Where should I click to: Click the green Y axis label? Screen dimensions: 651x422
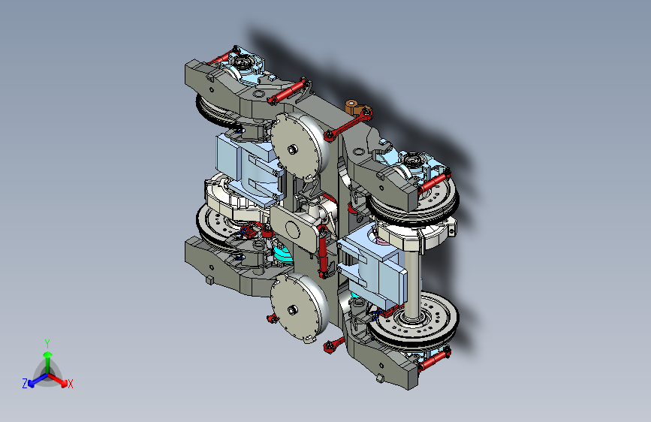tap(47, 343)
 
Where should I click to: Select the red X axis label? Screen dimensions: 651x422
tap(70, 384)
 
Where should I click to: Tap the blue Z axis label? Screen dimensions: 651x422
tap(25, 384)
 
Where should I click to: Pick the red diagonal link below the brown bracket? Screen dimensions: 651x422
tap(348, 124)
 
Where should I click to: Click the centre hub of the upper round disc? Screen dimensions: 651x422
tap(292, 149)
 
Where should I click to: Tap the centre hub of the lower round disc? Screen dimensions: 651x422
tap(292, 309)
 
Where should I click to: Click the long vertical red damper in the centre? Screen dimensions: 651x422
tap(323, 252)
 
